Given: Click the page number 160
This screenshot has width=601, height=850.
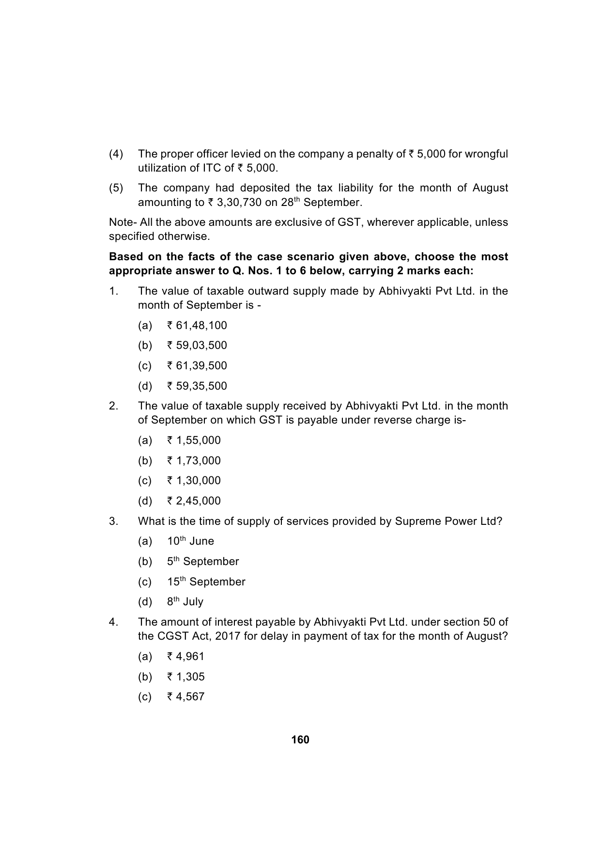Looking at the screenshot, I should pos(300,740).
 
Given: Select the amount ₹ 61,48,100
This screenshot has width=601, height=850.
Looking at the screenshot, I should pos(197,325).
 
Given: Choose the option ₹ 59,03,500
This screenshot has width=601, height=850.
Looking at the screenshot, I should pos(197,346).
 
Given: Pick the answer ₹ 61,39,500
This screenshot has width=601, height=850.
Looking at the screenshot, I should pos(197,365).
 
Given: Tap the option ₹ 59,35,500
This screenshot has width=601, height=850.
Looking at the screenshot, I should pos(197,386).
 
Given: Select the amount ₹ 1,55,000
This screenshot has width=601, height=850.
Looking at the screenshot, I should pos(194,440).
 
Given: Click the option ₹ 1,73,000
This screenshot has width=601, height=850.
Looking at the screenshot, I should pos(194,460).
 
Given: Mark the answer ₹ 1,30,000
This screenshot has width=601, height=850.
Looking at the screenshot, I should pos(194,480).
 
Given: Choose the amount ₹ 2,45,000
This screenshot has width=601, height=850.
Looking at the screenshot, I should pos(194,501).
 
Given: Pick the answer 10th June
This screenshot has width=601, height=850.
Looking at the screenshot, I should pos(190,541).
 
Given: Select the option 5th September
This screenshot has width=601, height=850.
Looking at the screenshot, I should pos(203,561).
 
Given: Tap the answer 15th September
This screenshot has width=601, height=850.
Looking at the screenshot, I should pos(206,582).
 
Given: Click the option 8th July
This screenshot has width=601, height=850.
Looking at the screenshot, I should pos(185,601).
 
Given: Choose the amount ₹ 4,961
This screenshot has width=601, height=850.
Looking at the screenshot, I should pos(186,656).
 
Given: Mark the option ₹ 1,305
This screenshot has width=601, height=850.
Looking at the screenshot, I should pos(186,677).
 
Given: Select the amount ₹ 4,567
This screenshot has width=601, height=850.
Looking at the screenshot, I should pos(186,696).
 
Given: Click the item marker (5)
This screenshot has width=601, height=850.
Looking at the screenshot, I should pos(116,188).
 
